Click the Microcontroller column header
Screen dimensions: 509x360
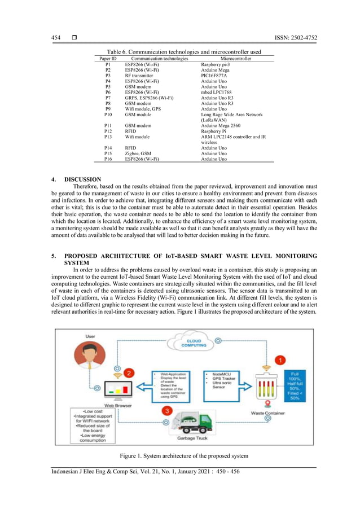point(236,59)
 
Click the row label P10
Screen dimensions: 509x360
point(108,115)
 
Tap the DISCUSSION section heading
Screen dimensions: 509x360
point(83,179)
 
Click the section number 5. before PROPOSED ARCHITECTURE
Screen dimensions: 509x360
point(54,257)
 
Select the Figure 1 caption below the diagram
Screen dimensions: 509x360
point(184,455)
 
